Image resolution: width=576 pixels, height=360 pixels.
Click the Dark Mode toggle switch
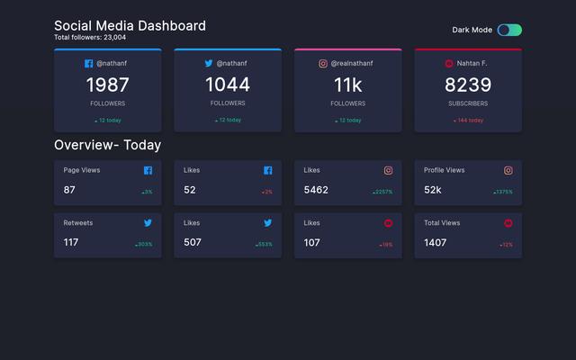pos(509,30)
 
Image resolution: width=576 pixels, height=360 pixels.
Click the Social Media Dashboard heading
pos(130,26)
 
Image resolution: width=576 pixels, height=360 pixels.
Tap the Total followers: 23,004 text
pos(90,38)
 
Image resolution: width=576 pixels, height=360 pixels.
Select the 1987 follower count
pos(108,85)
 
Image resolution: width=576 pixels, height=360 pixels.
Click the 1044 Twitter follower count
pos(228,85)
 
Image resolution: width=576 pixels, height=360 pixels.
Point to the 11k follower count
pos(347,85)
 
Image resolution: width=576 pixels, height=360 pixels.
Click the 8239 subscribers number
pos(468,85)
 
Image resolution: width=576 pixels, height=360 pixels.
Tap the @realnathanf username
pos(352,64)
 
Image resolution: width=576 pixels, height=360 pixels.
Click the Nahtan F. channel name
pos(472,64)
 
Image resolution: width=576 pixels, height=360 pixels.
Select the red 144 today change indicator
pos(468,120)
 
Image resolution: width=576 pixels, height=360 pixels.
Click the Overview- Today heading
pos(108,145)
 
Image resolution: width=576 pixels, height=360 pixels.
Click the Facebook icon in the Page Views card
pos(148,170)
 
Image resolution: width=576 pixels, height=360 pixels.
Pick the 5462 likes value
pos(316,190)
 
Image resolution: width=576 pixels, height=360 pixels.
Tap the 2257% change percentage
pos(383,192)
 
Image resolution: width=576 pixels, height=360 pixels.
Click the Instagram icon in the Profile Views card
pos(508,170)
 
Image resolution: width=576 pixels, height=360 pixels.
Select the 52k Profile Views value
pos(433,190)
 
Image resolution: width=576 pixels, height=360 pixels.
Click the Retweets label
pos(78,222)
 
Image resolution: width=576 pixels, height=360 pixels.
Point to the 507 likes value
pos(193,242)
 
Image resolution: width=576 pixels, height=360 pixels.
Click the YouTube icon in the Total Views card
pos(508,222)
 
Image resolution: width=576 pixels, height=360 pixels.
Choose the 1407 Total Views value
pos(436,242)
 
